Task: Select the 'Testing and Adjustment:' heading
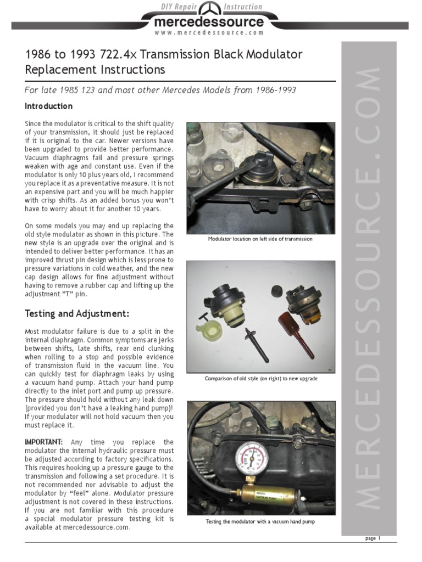click(x=77, y=313)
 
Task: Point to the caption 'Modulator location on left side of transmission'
click(x=260, y=239)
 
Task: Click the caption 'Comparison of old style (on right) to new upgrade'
click(x=260, y=379)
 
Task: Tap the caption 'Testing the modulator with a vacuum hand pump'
click(x=260, y=521)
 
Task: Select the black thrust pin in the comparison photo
click(x=256, y=342)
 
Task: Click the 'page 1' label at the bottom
click(x=373, y=538)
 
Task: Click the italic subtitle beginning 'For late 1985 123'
click(x=160, y=90)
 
